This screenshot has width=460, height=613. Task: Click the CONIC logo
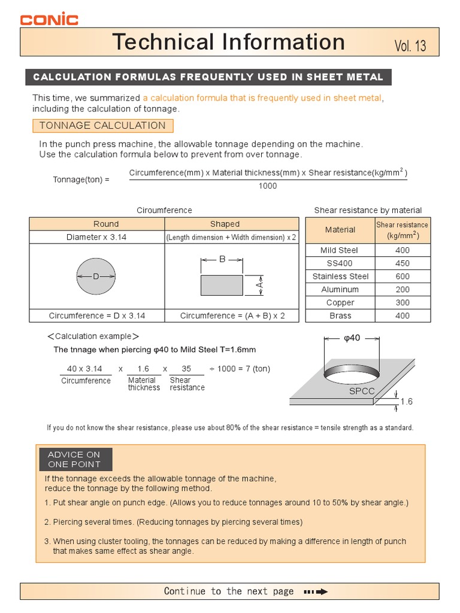pyautogui.click(x=49, y=19)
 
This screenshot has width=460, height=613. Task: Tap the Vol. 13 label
pyautogui.click(x=410, y=46)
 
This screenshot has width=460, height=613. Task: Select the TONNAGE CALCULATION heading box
pyautogui.click(x=102, y=126)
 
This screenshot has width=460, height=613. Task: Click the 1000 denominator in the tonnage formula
pyautogui.click(x=268, y=186)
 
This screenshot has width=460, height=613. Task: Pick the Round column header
pyautogui.click(x=106, y=224)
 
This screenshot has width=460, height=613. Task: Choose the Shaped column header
pyautogui.click(x=225, y=224)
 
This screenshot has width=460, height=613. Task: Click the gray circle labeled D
pyautogui.click(x=96, y=277)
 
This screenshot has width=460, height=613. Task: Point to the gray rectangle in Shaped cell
pyautogui.click(x=222, y=286)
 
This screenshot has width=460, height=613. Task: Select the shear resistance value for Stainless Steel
pyautogui.click(x=402, y=277)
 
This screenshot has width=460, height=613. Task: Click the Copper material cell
pyautogui.click(x=340, y=303)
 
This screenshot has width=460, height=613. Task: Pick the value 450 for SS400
pyautogui.click(x=402, y=263)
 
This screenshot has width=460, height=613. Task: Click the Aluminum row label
pyautogui.click(x=340, y=290)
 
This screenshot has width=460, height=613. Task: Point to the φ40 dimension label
pyautogui.click(x=352, y=338)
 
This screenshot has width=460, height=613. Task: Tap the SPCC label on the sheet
pyautogui.click(x=361, y=391)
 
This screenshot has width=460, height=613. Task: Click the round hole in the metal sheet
pyautogui.click(x=352, y=374)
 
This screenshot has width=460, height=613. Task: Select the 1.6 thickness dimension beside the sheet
pyautogui.click(x=407, y=402)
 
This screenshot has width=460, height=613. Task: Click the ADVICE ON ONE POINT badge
pyautogui.click(x=74, y=459)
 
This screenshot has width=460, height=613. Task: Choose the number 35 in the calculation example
pyautogui.click(x=186, y=369)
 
